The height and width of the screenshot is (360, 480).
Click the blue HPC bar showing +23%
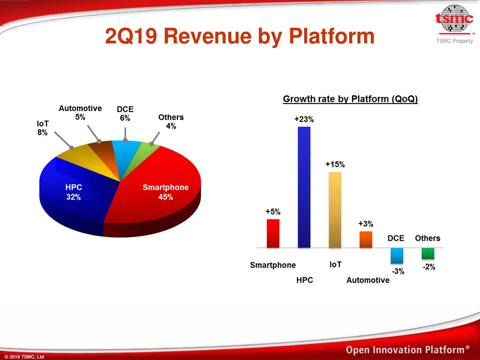[x=304, y=187]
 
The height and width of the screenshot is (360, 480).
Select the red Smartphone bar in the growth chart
[x=273, y=233]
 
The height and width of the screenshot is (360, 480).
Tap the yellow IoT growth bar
[x=335, y=210]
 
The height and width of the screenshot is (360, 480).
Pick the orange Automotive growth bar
[x=366, y=239]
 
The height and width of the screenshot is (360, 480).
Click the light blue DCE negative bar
[x=397, y=255]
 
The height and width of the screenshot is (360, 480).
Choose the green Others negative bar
[x=428, y=253]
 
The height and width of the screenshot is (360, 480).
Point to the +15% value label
[x=335, y=164]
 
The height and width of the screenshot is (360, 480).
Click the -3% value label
[x=398, y=271]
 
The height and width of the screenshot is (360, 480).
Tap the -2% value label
[x=429, y=267]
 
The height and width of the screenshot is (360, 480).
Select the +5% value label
[x=273, y=212]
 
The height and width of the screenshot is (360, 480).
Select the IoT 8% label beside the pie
[x=42, y=128]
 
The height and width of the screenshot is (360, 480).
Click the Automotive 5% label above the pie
[x=80, y=112]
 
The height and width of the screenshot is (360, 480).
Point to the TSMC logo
[x=454, y=19]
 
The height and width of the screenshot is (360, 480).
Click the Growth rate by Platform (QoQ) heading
[x=350, y=99]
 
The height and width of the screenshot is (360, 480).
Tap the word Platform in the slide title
[x=331, y=36]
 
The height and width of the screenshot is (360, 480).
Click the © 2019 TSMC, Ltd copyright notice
[x=24, y=357]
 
